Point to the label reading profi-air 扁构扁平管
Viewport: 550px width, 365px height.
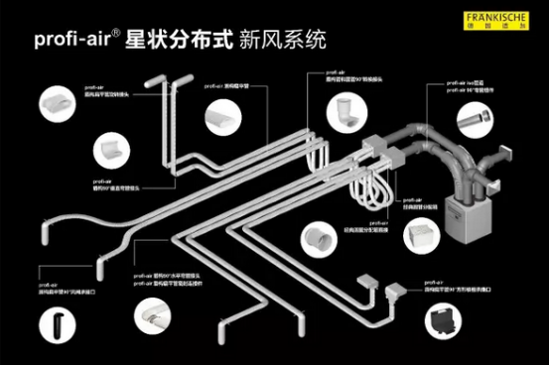pyautogui.click(x=228, y=86)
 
